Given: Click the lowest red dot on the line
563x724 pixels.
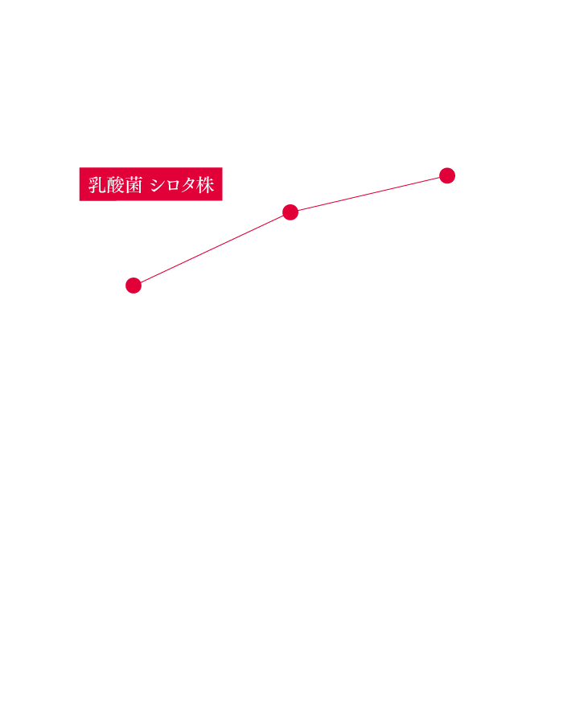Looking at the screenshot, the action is click(x=134, y=286).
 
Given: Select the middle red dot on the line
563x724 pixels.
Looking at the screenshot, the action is click(x=290, y=212).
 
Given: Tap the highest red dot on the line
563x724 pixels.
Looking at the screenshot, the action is click(x=447, y=175).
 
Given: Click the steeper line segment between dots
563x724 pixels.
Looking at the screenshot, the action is click(x=212, y=249).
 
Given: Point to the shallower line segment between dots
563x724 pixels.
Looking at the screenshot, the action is click(x=368, y=194).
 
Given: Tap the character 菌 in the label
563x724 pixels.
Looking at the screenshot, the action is click(x=134, y=185).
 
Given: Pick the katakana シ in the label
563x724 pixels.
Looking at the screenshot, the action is click(x=158, y=186).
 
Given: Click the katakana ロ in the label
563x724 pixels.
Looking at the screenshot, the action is click(x=174, y=186).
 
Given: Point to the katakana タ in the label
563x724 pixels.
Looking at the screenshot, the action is click(x=189, y=186).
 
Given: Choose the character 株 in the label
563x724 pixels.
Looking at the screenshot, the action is click(x=205, y=185).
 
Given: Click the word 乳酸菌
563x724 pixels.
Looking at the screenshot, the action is click(x=115, y=185).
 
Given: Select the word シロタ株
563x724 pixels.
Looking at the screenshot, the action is click(x=183, y=185).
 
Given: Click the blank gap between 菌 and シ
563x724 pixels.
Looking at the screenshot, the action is click(x=146, y=185).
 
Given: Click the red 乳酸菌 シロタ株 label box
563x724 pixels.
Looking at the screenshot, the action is click(x=151, y=184).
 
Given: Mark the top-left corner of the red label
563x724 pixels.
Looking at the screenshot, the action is click(x=80, y=167).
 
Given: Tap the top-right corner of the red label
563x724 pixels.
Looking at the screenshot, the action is click(x=223, y=167).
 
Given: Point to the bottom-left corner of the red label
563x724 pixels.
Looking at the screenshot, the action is click(x=80, y=201).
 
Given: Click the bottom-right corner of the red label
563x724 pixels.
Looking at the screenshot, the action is click(x=223, y=201).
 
